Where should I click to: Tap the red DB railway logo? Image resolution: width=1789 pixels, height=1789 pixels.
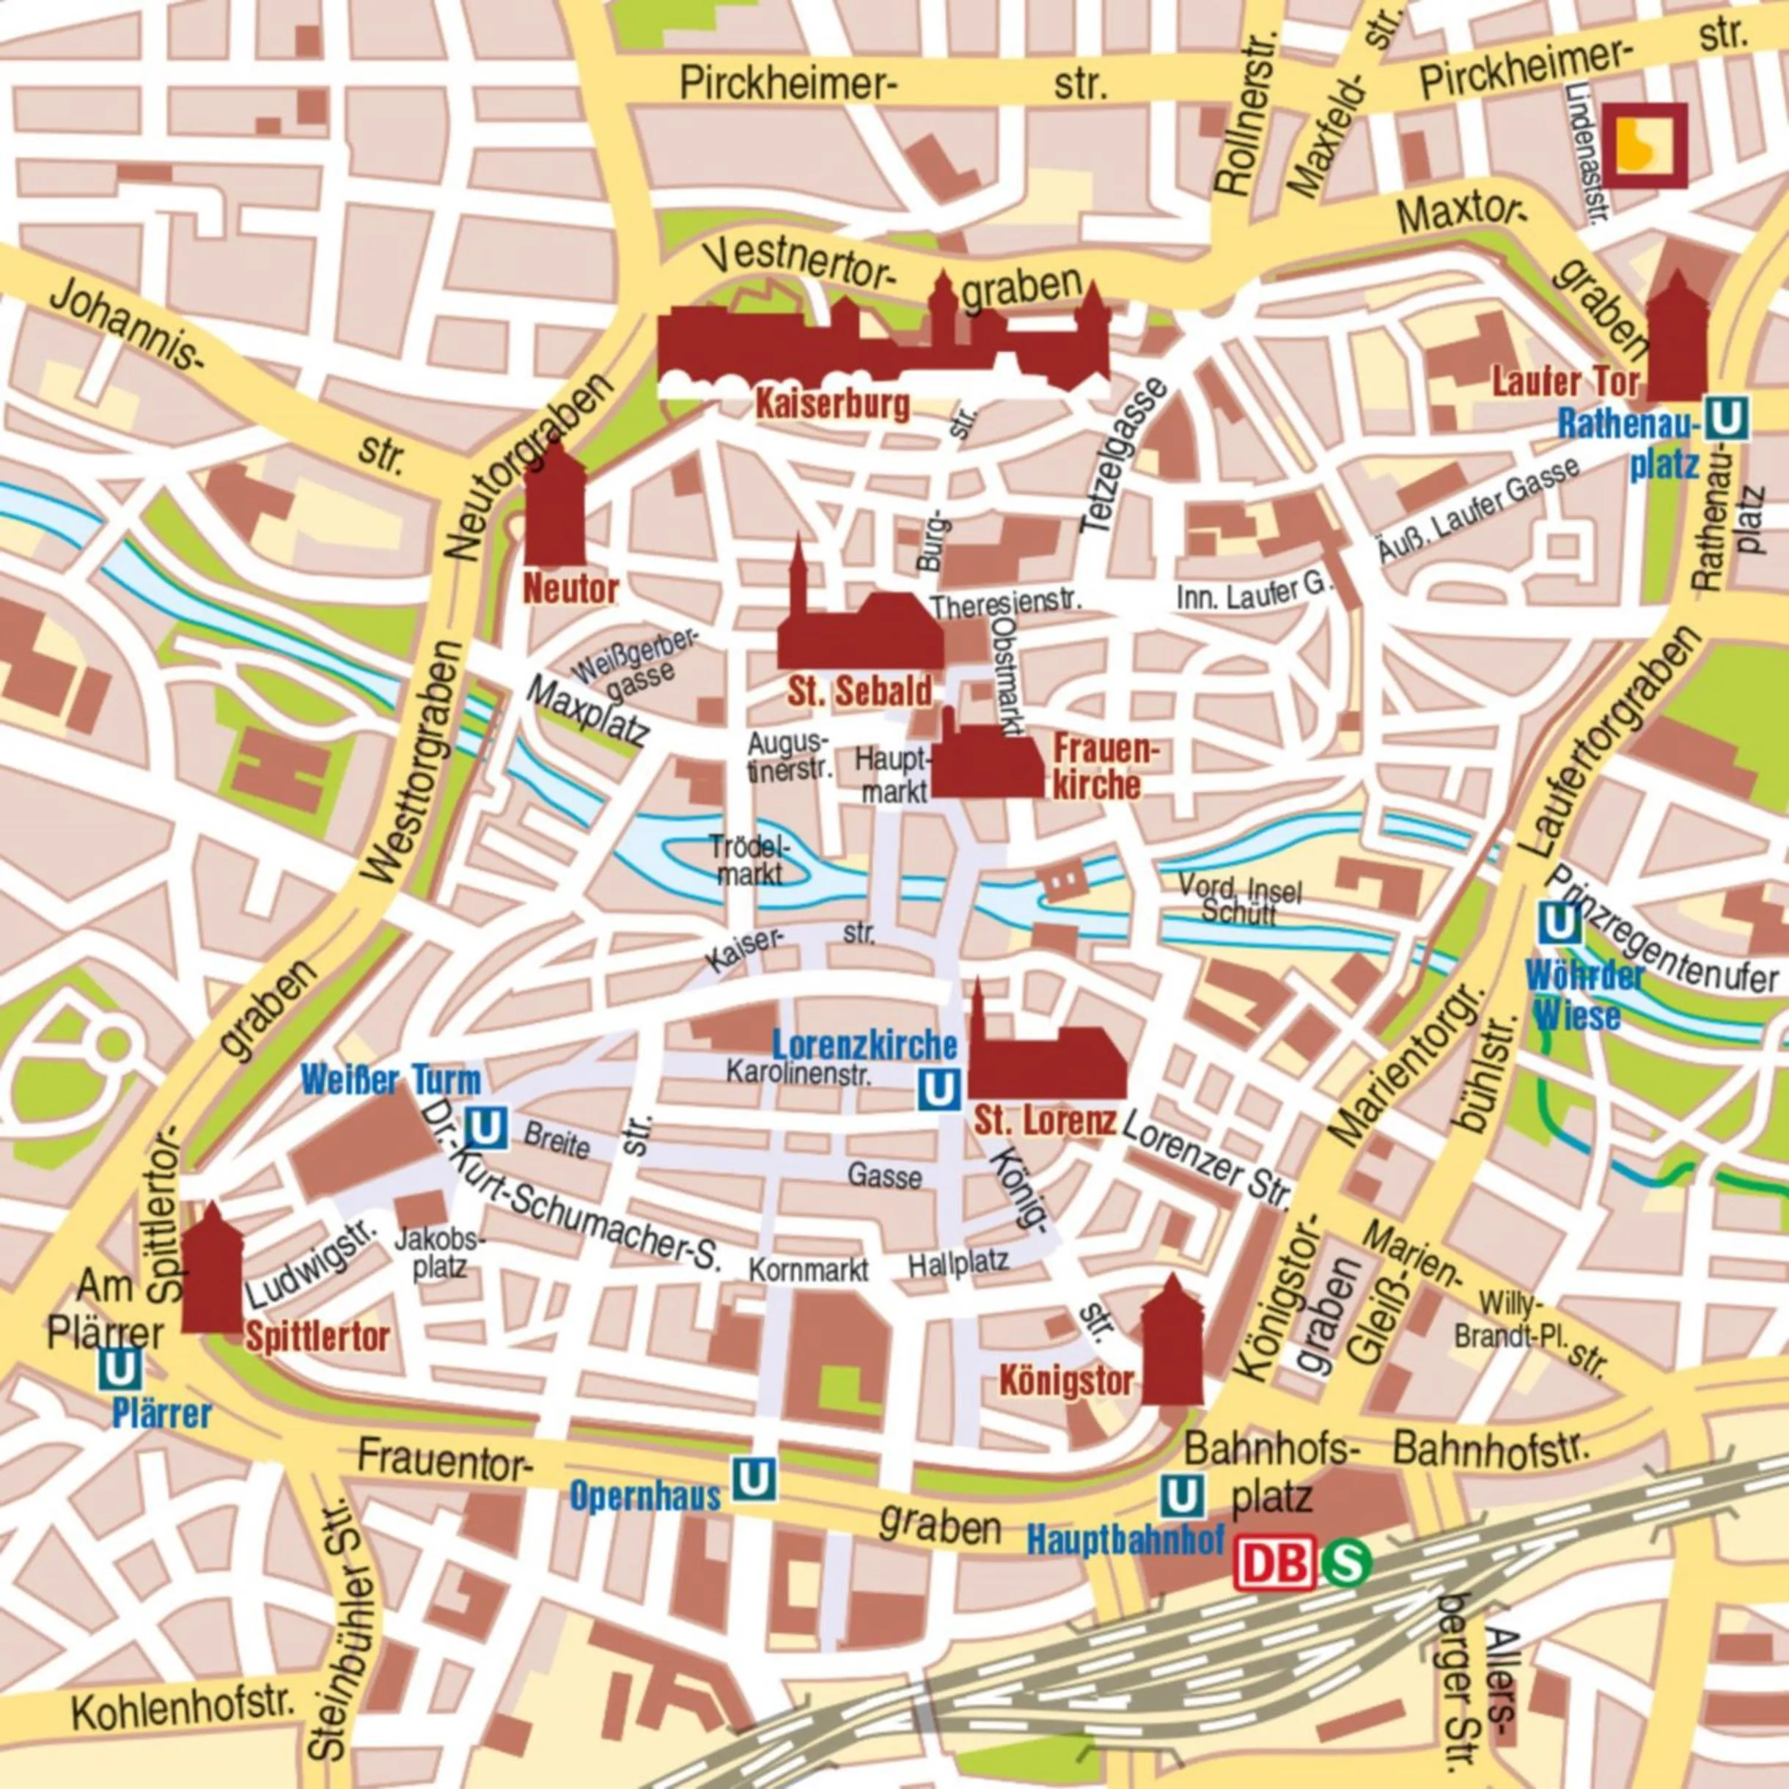pyautogui.click(x=1274, y=1563)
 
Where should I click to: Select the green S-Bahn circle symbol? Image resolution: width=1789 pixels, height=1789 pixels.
pyautogui.click(x=1345, y=1563)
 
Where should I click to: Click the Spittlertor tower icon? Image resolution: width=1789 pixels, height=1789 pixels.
pyautogui.click(x=212, y=1274)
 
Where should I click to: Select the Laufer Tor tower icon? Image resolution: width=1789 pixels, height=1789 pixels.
pyautogui.click(x=1676, y=342)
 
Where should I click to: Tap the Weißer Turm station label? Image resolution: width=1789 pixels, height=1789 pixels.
pyautogui.click(x=391, y=1080)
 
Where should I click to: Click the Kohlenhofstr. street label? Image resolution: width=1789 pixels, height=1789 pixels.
pyautogui.click(x=186, y=1709)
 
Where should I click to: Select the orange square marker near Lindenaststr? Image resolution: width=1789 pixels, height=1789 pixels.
pyautogui.click(x=1645, y=145)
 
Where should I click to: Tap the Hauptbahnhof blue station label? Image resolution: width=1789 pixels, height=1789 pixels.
pyautogui.click(x=1125, y=1540)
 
